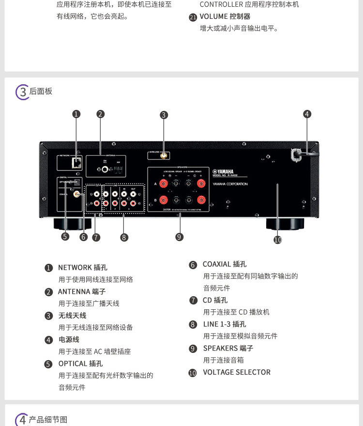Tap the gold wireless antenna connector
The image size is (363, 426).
pyautogui.click(x=164, y=156)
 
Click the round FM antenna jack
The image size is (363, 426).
pyautogui.click(x=105, y=170)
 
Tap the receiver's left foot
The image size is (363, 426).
pyautogui.click(x=69, y=224)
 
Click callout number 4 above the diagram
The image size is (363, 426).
pyautogui.click(x=307, y=114)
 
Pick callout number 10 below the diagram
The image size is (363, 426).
pyautogui.click(x=277, y=240)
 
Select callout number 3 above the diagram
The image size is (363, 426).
pyautogui.click(x=164, y=115)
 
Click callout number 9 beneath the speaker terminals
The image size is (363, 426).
pyautogui.click(x=180, y=237)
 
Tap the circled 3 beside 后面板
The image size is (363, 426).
pyautogui.click(x=22, y=91)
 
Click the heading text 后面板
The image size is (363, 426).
pyautogui.click(x=41, y=91)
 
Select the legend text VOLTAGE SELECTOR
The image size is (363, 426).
pyautogui.click(x=237, y=372)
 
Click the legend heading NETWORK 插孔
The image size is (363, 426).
pyautogui.click(x=83, y=267)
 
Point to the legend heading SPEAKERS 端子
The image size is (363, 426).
pyautogui.click(x=228, y=348)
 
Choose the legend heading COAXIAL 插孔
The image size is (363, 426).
pyautogui.click(x=225, y=264)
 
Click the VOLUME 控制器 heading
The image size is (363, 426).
pyautogui.click(x=225, y=16)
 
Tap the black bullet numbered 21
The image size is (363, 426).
pyautogui.click(x=193, y=17)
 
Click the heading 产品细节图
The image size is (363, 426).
pyautogui.click(x=48, y=419)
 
